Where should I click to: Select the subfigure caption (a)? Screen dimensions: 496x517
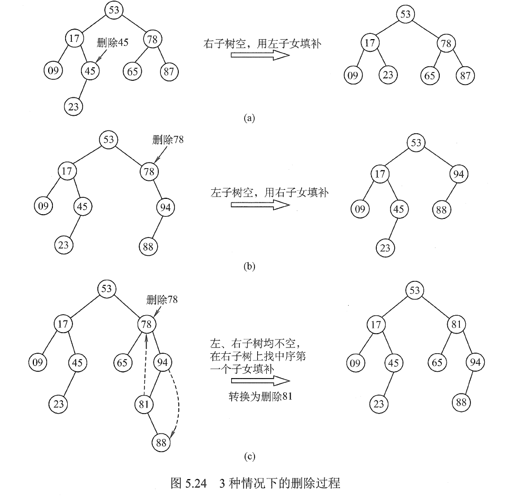249,118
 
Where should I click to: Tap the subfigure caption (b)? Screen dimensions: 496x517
249,266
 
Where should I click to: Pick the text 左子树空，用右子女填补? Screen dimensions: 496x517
269,193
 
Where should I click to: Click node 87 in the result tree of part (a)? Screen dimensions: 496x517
466,75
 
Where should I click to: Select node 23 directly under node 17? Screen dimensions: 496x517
388,75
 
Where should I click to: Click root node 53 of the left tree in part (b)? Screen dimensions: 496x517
108,140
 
